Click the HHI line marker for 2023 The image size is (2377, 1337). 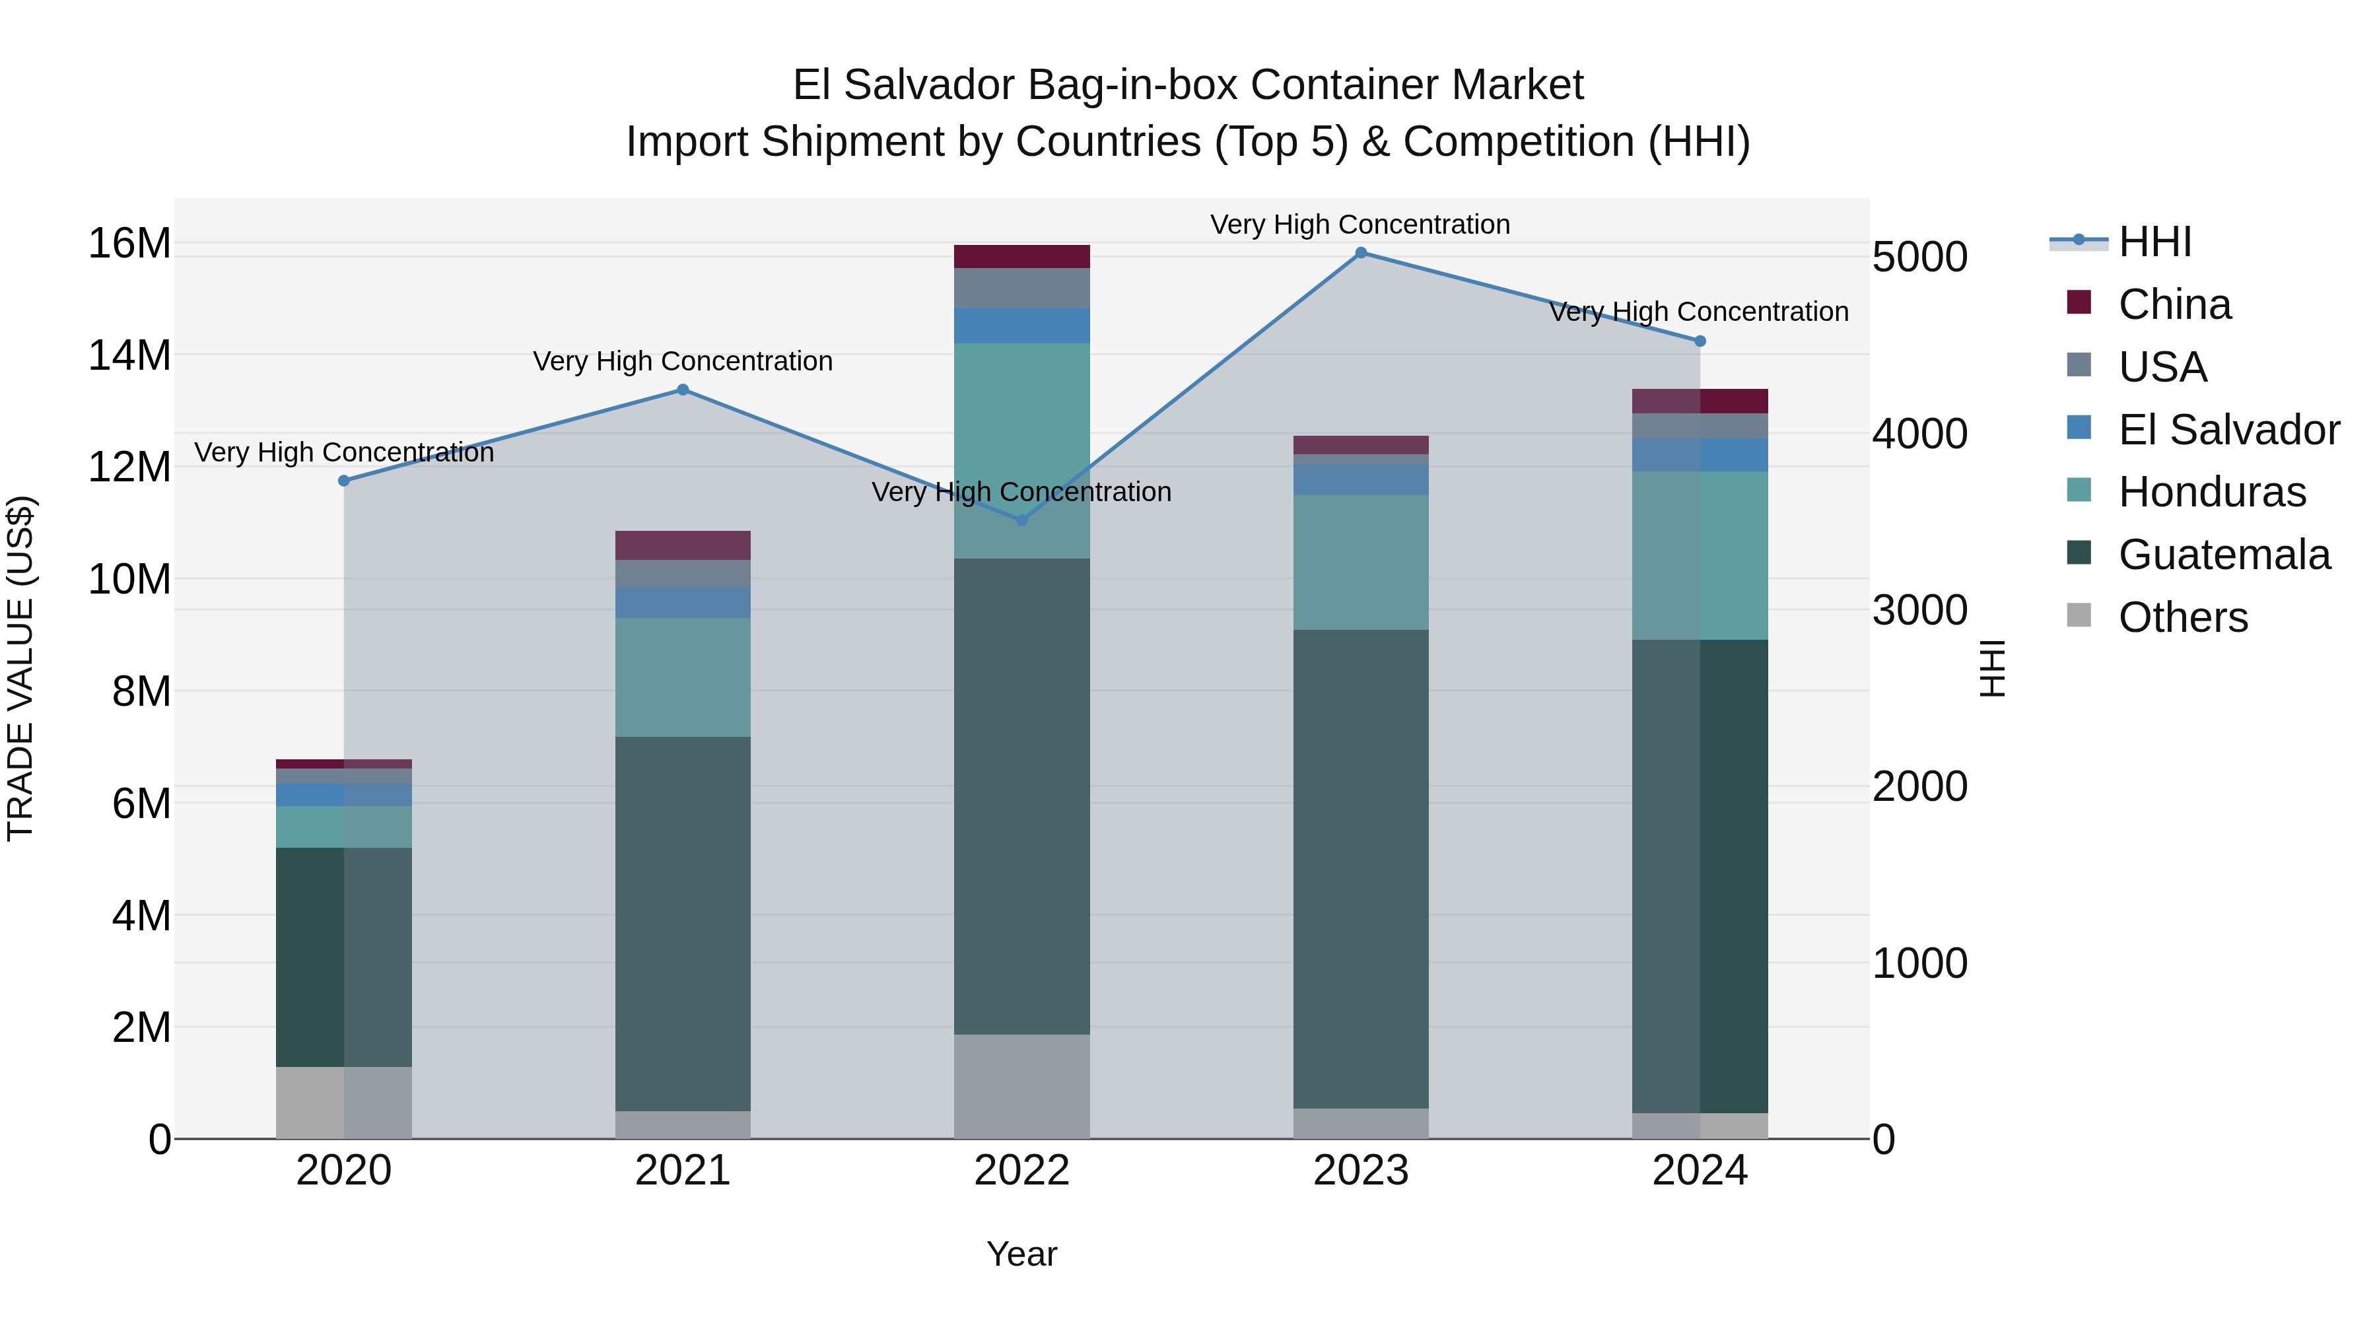coord(1360,253)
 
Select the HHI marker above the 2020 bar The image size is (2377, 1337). coord(344,481)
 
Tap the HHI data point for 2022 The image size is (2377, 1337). coord(1021,520)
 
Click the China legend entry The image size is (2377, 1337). coord(2174,304)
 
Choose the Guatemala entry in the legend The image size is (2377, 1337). coord(2224,555)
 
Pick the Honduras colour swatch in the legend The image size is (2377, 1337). coord(2079,490)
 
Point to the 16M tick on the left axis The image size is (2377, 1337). coord(129,244)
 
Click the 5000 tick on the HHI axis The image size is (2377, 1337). coord(1919,257)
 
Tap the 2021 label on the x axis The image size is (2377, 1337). coord(683,1171)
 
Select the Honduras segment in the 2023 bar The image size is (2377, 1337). coord(1360,563)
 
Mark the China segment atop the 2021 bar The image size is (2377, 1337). coord(683,545)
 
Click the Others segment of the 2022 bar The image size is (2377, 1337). coord(1021,1086)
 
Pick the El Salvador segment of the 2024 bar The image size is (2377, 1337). coord(1700,455)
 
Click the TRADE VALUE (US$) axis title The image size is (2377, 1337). coord(20,668)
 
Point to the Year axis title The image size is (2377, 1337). coord(1021,1254)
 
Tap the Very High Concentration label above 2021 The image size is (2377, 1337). coord(683,360)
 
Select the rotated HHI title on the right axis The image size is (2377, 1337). coord(1993,668)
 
